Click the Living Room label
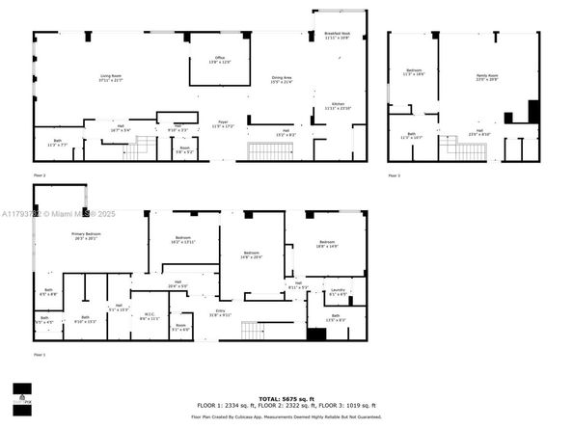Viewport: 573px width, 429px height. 112,77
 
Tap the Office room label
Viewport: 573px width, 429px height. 220,60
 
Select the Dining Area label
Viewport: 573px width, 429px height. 282,80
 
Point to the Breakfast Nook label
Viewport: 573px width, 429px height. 338,35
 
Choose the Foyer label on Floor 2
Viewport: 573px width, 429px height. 222,124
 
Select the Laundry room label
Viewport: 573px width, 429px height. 338,292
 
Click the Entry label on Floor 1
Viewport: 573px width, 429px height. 220,312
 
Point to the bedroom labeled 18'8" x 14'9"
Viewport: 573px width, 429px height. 327,244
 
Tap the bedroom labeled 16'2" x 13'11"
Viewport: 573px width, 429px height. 183,240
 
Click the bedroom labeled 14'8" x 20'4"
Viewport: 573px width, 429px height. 252,255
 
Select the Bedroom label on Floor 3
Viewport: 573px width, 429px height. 413,73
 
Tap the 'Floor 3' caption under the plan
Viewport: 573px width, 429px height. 394,176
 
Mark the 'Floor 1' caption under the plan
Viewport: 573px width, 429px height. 40,357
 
